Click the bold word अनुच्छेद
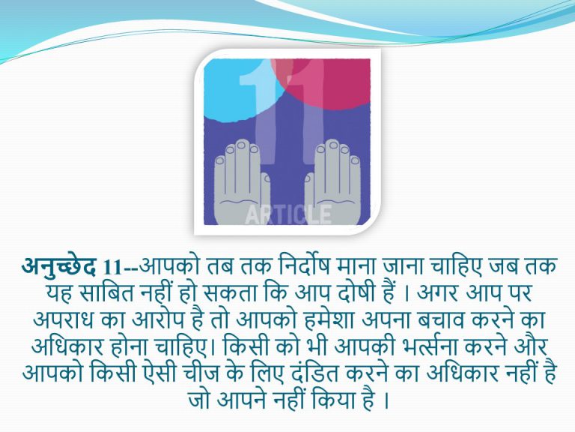(x=58, y=267)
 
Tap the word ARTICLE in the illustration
(x=288, y=214)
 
